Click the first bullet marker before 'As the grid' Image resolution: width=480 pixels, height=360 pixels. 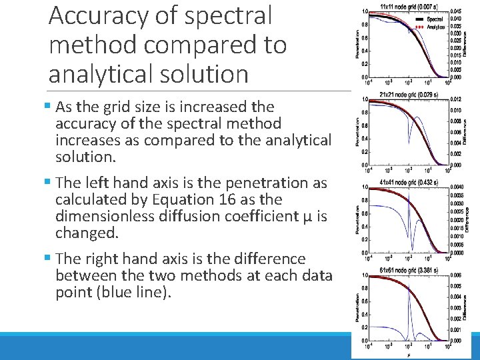click(x=51, y=107)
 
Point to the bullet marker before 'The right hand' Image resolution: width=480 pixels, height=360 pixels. click(x=51, y=259)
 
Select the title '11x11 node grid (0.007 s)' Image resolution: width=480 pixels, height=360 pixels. click(x=405, y=6)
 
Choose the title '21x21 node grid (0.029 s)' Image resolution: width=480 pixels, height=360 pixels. click(x=405, y=94)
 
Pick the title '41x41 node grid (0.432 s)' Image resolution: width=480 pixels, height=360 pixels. click(x=405, y=182)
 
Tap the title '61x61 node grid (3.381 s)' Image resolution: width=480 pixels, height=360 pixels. click(x=405, y=270)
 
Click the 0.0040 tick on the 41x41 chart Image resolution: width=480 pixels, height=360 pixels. click(x=457, y=187)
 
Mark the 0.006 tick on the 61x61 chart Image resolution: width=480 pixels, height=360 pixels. click(x=455, y=275)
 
